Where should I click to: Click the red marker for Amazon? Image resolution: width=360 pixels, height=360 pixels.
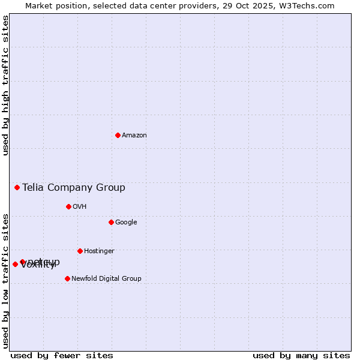(118, 135)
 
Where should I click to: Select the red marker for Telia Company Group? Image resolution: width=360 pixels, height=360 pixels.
(17, 187)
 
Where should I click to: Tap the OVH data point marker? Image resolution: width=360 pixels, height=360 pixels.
(68, 206)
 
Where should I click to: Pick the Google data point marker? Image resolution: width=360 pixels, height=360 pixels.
(111, 222)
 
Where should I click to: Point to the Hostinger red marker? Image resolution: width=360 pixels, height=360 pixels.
(80, 251)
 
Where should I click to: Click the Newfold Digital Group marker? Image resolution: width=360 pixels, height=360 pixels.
(67, 278)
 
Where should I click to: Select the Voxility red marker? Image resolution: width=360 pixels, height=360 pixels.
(15, 264)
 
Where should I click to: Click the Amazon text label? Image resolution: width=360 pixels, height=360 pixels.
(134, 135)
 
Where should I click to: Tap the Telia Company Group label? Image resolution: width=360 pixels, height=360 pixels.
(74, 187)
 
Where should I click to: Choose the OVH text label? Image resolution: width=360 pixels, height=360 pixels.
(80, 206)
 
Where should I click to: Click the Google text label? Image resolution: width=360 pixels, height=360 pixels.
(126, 222)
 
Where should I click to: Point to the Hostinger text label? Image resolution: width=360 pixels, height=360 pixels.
(99, 251)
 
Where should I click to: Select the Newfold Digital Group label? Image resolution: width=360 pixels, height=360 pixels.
(106, 278)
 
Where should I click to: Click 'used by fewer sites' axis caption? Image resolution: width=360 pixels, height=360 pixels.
(62, 355)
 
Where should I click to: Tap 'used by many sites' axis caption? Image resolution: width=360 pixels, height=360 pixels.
(301, 355)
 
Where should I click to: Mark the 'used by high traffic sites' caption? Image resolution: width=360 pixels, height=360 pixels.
(5, 85)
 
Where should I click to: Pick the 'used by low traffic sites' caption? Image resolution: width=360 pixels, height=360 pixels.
(5, 280)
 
